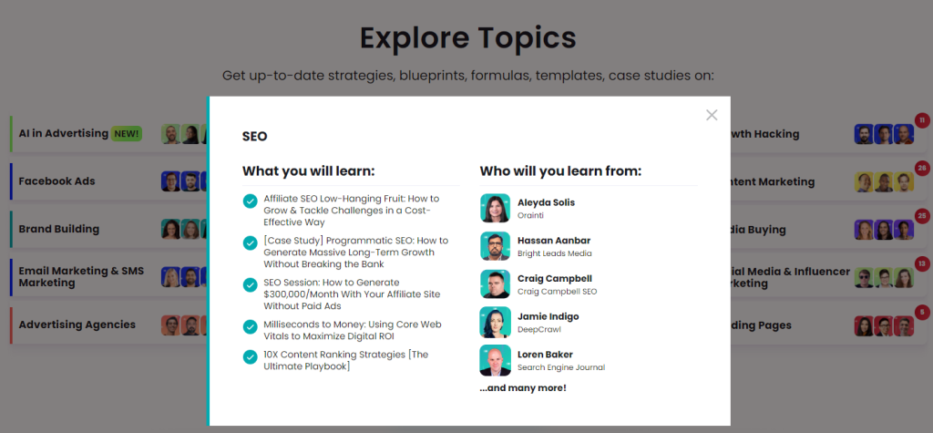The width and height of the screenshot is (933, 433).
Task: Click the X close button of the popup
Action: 712,115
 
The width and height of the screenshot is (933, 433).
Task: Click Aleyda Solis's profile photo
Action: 495,209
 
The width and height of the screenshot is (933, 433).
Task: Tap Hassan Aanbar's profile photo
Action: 495,246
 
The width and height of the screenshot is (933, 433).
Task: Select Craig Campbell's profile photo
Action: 495,284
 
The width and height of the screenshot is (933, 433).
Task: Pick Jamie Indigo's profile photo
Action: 495,322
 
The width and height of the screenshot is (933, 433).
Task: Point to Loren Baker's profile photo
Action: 495,360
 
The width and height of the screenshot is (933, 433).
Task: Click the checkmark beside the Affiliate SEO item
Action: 250,201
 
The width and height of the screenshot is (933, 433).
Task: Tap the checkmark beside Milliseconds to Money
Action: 250,327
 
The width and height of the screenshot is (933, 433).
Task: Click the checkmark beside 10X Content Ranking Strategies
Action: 250,357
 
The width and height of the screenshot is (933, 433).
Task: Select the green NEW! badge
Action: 126,133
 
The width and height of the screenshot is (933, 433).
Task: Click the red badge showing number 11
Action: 922,120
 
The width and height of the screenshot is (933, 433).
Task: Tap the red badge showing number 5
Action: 922,312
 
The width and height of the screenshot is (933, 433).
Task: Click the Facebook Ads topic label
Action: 56,181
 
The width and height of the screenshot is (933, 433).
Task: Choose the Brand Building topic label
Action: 59,230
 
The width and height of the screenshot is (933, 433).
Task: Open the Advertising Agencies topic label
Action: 77,325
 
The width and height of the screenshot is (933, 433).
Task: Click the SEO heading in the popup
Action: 255,137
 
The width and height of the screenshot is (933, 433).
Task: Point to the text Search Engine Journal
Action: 561,367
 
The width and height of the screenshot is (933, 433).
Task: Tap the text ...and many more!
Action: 523,388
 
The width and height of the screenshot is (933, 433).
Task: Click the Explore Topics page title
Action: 467,38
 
